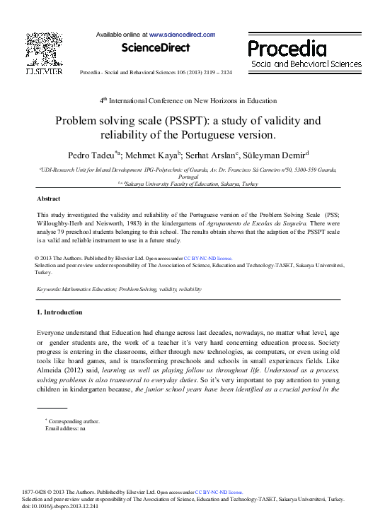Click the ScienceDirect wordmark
point(156,48)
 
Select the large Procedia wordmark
point(287,49)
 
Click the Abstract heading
point(48,199)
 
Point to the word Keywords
point(48,290)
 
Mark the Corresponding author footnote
point(72,421)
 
